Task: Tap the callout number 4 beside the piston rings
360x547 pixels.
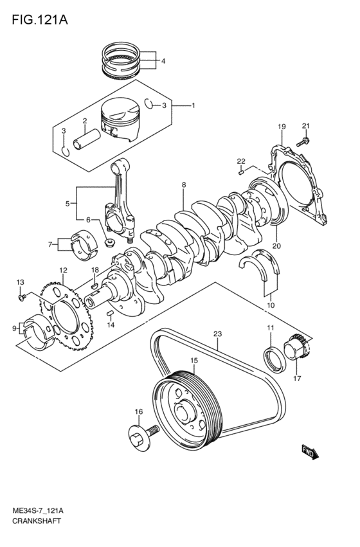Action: [163, 61]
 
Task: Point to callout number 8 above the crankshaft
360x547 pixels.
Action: [183, 185]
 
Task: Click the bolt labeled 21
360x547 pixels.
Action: [305, 139]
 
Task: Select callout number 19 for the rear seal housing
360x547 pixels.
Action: [280, 126]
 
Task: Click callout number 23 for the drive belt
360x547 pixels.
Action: [217, 334]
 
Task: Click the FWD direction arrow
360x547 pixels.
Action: [309, 453]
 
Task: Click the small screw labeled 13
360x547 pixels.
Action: [21, 296]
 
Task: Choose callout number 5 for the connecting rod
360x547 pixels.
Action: [67, 204]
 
